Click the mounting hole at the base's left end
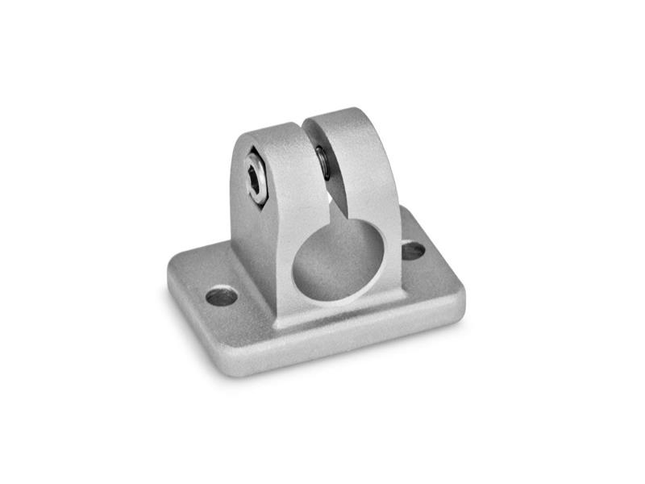click(x=222, y=296)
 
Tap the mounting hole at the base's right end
click(x=413, y=251)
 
